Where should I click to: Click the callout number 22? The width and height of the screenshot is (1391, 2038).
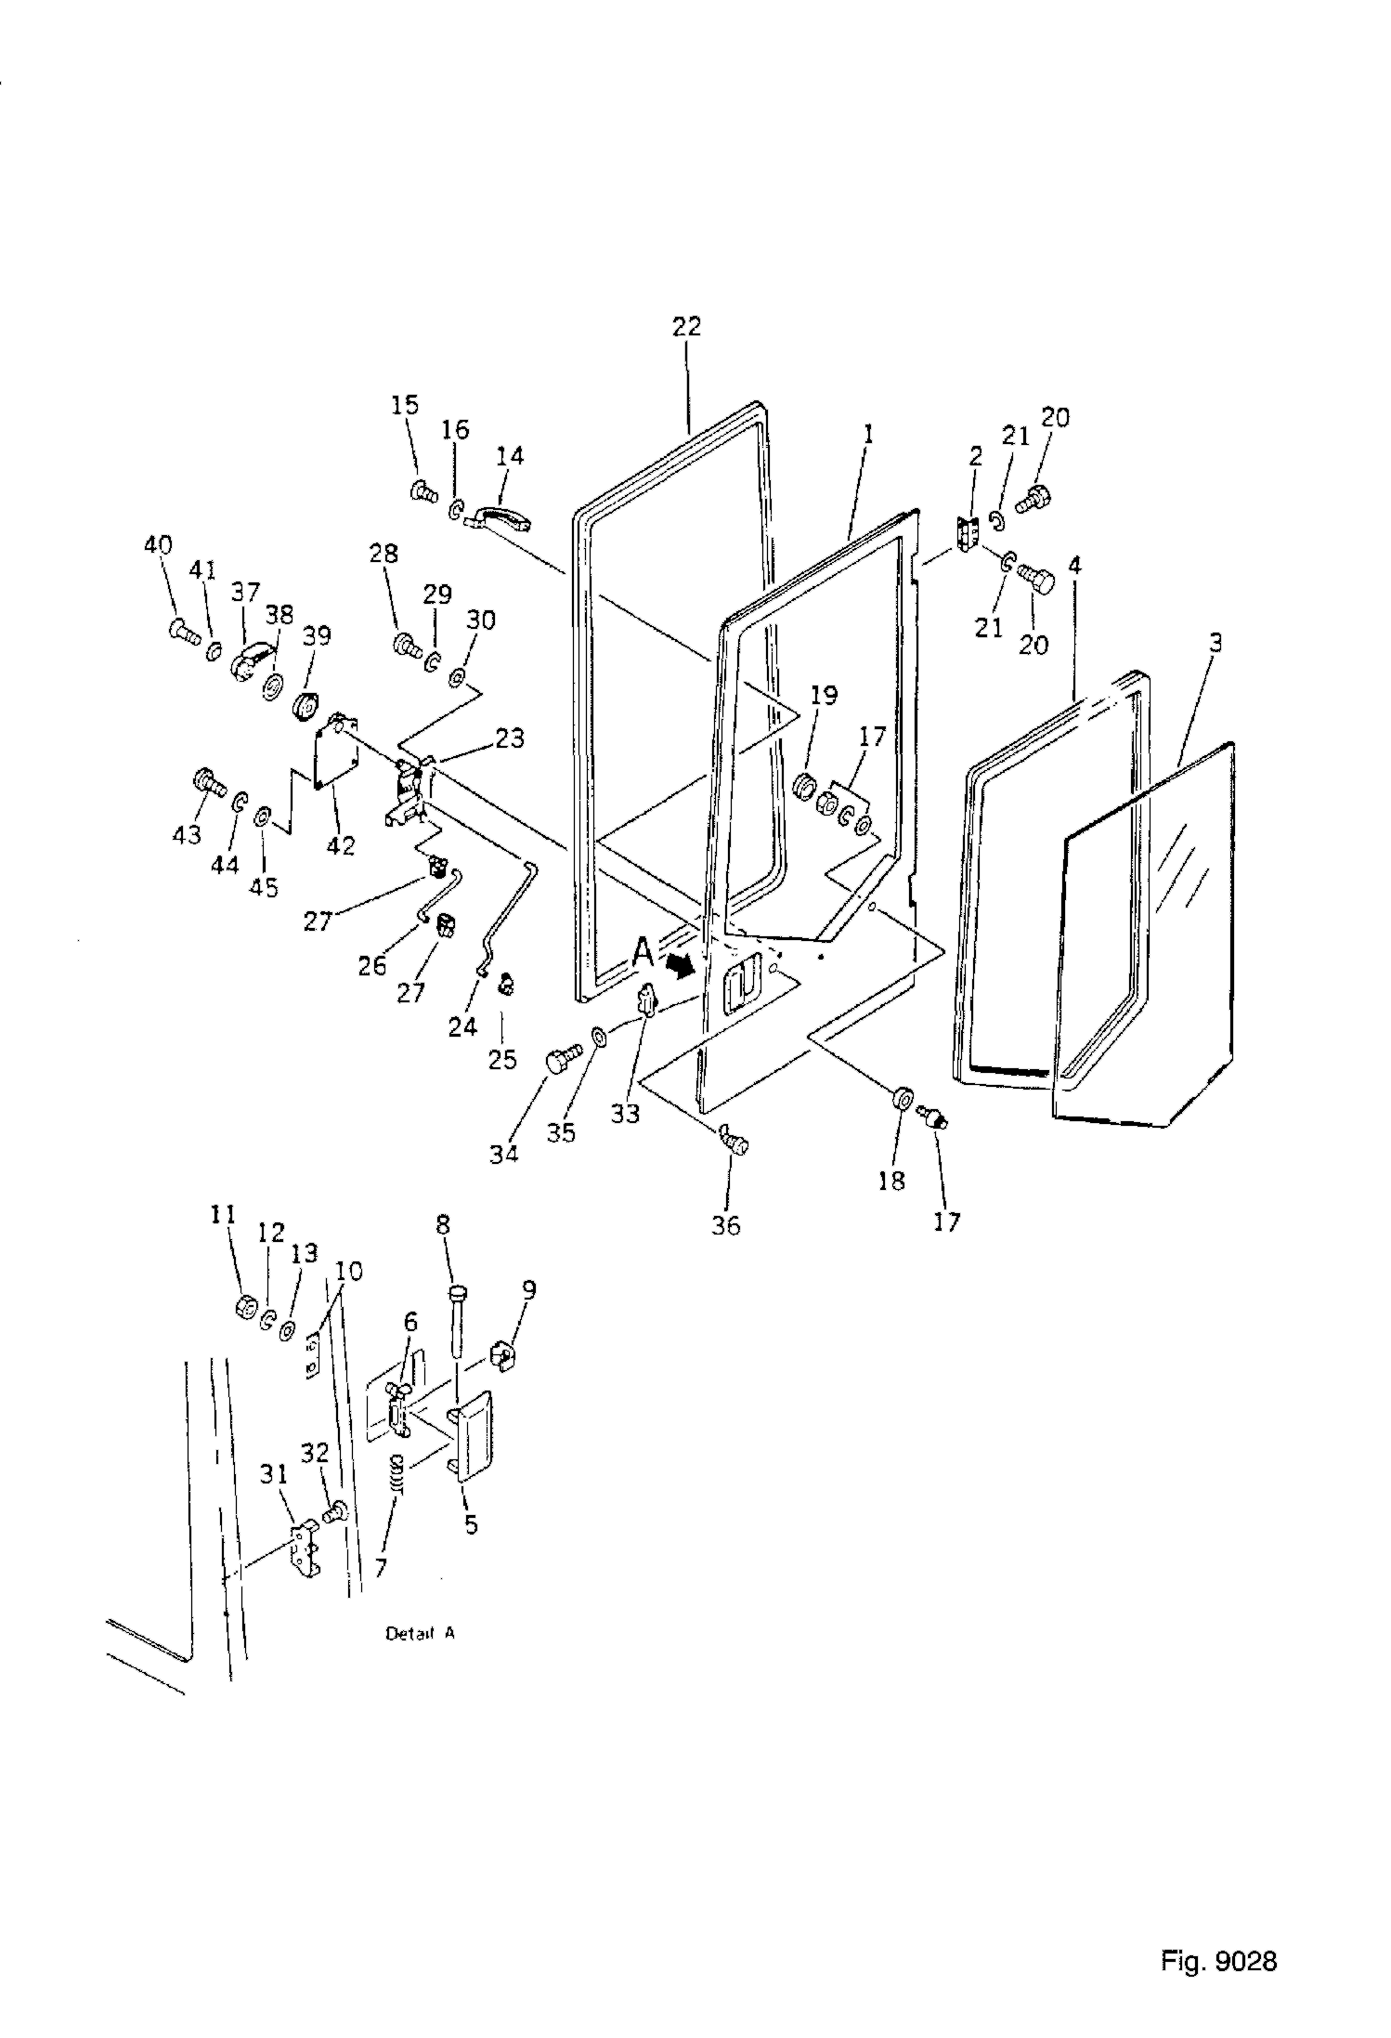point(688,327)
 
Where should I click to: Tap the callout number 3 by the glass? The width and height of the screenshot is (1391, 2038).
point(1215,642)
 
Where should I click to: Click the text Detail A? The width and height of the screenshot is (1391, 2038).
point(420,1633)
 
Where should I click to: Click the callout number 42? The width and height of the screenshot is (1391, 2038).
point(342,846)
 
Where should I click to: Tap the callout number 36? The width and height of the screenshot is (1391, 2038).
point(726,1225)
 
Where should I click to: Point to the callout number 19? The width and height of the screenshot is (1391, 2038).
point(824,695)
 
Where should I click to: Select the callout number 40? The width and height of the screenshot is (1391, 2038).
point(159,544)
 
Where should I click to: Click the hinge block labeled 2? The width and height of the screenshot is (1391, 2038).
point(968,535)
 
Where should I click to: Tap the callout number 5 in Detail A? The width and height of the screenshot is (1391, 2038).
point(472,1524)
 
